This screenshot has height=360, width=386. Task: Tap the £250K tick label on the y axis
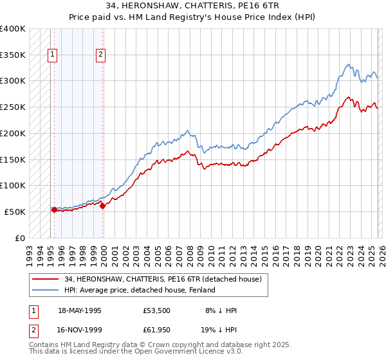(14, 107)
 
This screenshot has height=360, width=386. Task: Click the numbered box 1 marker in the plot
(52, 55)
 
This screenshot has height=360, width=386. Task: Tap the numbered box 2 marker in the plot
(101, 55)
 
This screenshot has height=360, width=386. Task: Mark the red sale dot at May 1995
(54, 210)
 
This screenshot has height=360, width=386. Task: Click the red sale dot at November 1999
(102, 206)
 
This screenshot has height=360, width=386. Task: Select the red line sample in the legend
(46, 280)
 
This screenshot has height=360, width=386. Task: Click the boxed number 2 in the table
(33, 331)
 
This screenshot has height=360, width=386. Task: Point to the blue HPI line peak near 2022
(348, 64)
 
